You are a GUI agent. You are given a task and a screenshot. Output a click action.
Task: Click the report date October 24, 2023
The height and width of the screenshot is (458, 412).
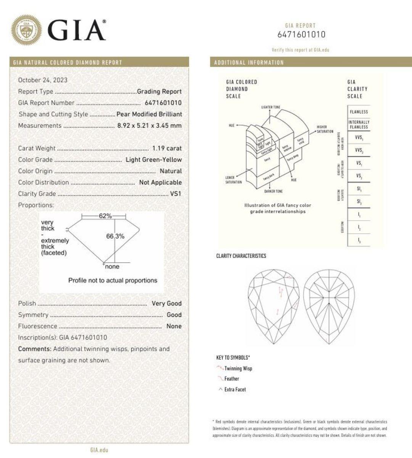pyautogui.click(x=43, y=80)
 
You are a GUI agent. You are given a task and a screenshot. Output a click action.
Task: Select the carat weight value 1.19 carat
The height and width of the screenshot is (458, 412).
pyautogui.click(x=167, y=148)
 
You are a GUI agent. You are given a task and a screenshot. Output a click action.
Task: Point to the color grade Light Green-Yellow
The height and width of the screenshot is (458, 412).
pyautogui.click(x=154, y=160)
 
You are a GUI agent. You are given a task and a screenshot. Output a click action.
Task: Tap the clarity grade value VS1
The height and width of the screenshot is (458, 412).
pyautogui.click(x=175, y=194)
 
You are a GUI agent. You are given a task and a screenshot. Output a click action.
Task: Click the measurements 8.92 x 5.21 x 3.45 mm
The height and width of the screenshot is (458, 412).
pyautogui.click(x=150, y=125)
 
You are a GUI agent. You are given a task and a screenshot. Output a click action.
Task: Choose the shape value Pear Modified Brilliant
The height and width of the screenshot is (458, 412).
pyautogui.click(x=149, y=114)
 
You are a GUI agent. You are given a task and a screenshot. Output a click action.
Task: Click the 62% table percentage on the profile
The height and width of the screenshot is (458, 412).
pyautogui.click(x=105, y=216)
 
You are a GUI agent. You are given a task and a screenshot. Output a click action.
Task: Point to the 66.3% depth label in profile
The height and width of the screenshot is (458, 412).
pyautogui.click(x=115, y=236)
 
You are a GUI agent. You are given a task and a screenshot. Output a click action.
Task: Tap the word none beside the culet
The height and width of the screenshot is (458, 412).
pyautogui.click(x=112, y=267)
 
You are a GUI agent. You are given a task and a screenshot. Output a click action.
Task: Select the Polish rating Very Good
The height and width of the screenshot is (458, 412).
pyautogui.click(x=166, y=304)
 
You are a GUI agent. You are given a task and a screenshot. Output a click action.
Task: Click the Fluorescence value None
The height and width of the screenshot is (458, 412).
pyautogui.click(x=174, y=326)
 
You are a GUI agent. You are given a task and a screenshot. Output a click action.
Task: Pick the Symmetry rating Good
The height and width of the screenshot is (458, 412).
pyautogui.click(x=174, y=315)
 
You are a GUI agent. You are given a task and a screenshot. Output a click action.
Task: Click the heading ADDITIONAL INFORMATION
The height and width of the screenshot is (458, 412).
pyautogui.click(x=249, y=63)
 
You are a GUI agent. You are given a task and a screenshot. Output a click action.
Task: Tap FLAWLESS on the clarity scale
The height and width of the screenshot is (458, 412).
pyautogui.click(x=359, y=112)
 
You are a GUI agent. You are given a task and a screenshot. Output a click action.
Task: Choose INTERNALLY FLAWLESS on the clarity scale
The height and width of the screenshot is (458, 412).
pyautogui.click(x=359, y=125)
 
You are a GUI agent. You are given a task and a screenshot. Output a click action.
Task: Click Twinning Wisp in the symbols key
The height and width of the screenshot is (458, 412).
pyautogui.click(x=238, y=369)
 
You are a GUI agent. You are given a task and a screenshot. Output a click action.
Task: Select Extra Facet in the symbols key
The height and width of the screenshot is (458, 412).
pyautogui.click(x=235, y=390)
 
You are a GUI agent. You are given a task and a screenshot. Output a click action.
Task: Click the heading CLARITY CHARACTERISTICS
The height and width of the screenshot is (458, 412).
pyautogui.click(x=241, y=256)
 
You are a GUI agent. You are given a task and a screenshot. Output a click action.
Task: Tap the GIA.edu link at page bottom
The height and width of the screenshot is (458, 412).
pyautogui.click(x=99, y=450)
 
